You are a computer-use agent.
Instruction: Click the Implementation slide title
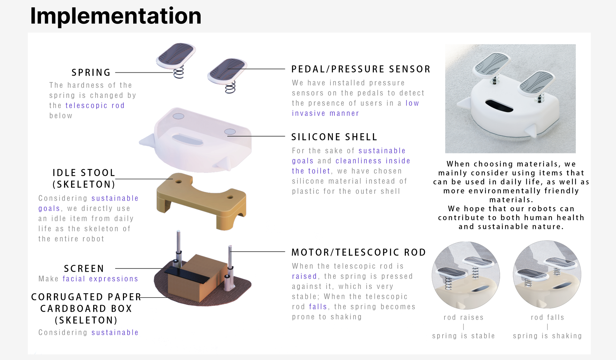116,16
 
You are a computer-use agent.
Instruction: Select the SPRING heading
91,72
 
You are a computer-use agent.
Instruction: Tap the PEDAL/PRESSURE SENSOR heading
361,69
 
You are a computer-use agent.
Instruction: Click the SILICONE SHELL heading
334,137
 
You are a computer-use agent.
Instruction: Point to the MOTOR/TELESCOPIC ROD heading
359,252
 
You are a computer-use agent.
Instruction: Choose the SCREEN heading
84,268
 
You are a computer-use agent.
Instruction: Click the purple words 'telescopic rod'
95,105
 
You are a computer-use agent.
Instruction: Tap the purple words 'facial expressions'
100,279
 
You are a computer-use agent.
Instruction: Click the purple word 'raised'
304,276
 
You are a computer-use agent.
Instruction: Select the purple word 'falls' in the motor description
318,306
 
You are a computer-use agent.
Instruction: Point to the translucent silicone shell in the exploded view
198,142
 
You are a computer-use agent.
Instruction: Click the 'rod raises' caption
463,317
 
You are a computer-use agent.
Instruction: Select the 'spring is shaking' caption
547,336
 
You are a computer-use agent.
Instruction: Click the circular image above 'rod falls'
547,274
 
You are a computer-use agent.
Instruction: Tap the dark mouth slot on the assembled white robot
499,106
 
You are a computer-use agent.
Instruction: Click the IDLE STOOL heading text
84,173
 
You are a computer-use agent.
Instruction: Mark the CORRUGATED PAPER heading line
86,297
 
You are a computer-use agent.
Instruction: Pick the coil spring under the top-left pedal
178,73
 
